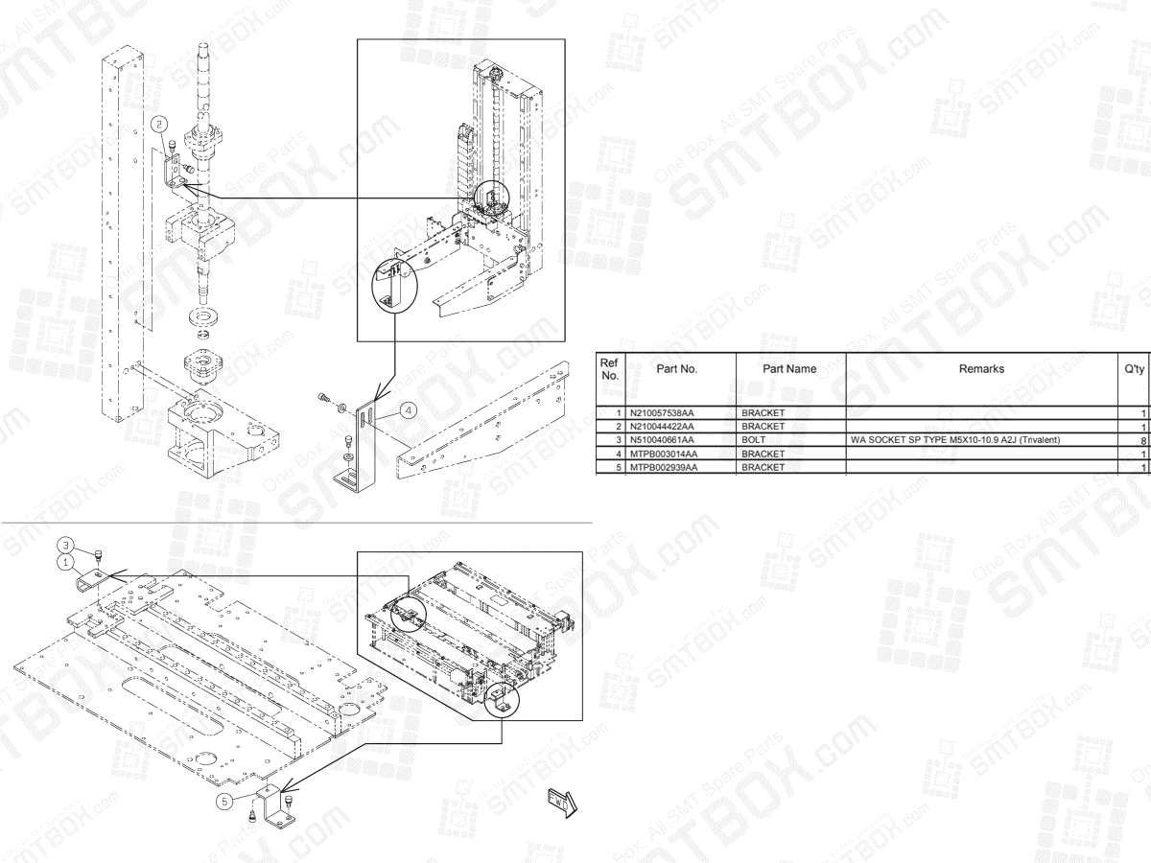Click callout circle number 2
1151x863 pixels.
tap(161, 123)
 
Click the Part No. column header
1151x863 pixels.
tap(676, 367)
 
